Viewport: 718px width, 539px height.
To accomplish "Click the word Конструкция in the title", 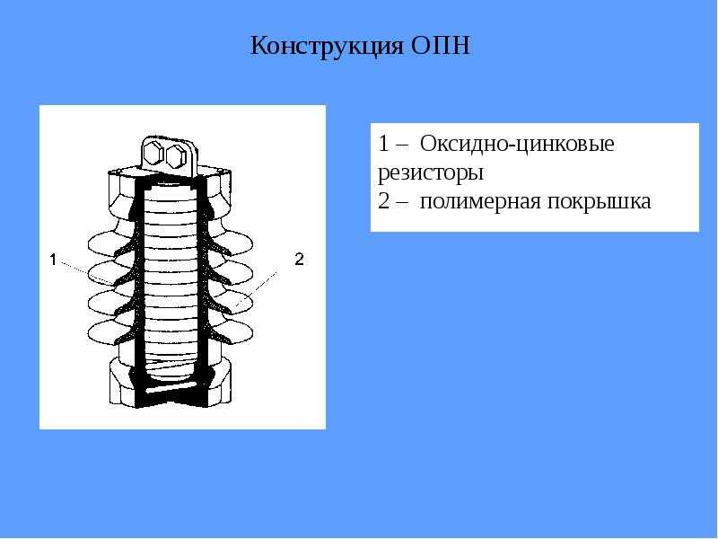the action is tap(327, 46).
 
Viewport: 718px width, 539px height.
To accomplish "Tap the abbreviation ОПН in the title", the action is tap(441, 46).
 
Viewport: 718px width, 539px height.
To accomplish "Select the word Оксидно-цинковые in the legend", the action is tap(517, 144).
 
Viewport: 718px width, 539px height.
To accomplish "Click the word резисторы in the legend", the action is tap(431, 173).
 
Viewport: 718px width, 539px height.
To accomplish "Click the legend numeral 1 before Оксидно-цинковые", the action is tap(383, 144).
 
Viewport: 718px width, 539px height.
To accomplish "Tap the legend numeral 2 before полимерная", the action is tap(384, 201).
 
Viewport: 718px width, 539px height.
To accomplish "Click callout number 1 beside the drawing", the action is tap(53, 260).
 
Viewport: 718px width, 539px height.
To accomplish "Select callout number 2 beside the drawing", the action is tap(299, 260).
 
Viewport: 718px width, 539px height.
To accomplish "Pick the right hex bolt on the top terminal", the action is tap(176, 157).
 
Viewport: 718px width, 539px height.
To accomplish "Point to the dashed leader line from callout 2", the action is tap(257, 288).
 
